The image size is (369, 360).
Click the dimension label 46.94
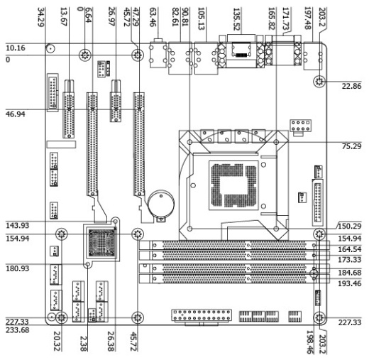pyautogui.click(x=16, y=114)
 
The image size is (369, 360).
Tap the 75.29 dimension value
pyautogui.click(x=351, y=146)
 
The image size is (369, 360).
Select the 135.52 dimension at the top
pyautogui.click(x=237, y=19)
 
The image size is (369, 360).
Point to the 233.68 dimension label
pyautogui.click(x=18, y=330)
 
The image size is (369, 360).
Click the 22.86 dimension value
pyautogui.click(x=351, y=86)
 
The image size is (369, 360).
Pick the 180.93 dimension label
pyautogui.click(x=18, y=268)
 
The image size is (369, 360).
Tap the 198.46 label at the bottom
pyautogui.click(x=310, y=342)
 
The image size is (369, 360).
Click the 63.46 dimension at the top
pyautogui.click(x=153, y=17)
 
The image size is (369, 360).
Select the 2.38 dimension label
pyautogui.click(x=84, y=344)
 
